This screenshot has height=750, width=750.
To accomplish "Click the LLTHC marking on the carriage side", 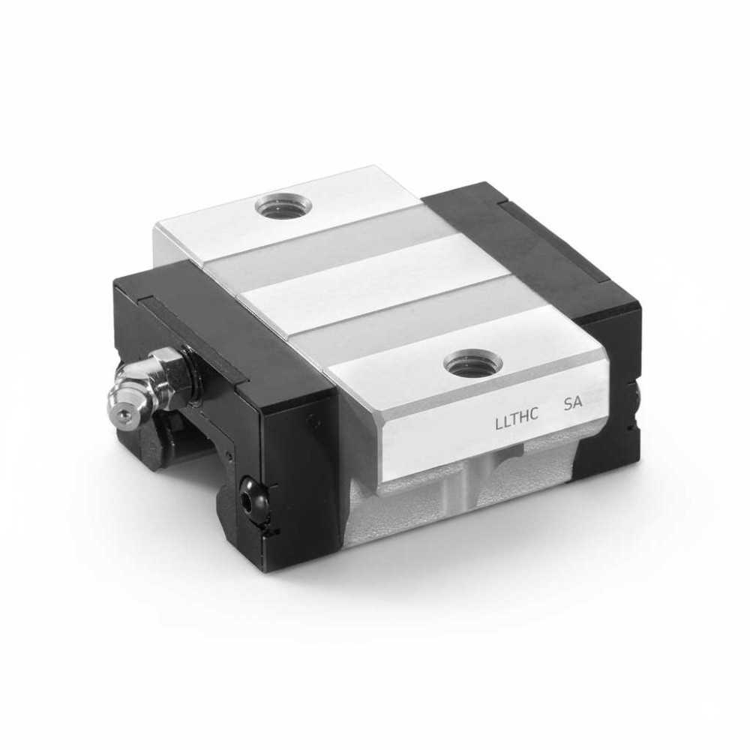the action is pos(517,412).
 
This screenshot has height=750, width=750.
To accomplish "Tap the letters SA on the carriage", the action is pos(572,403).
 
